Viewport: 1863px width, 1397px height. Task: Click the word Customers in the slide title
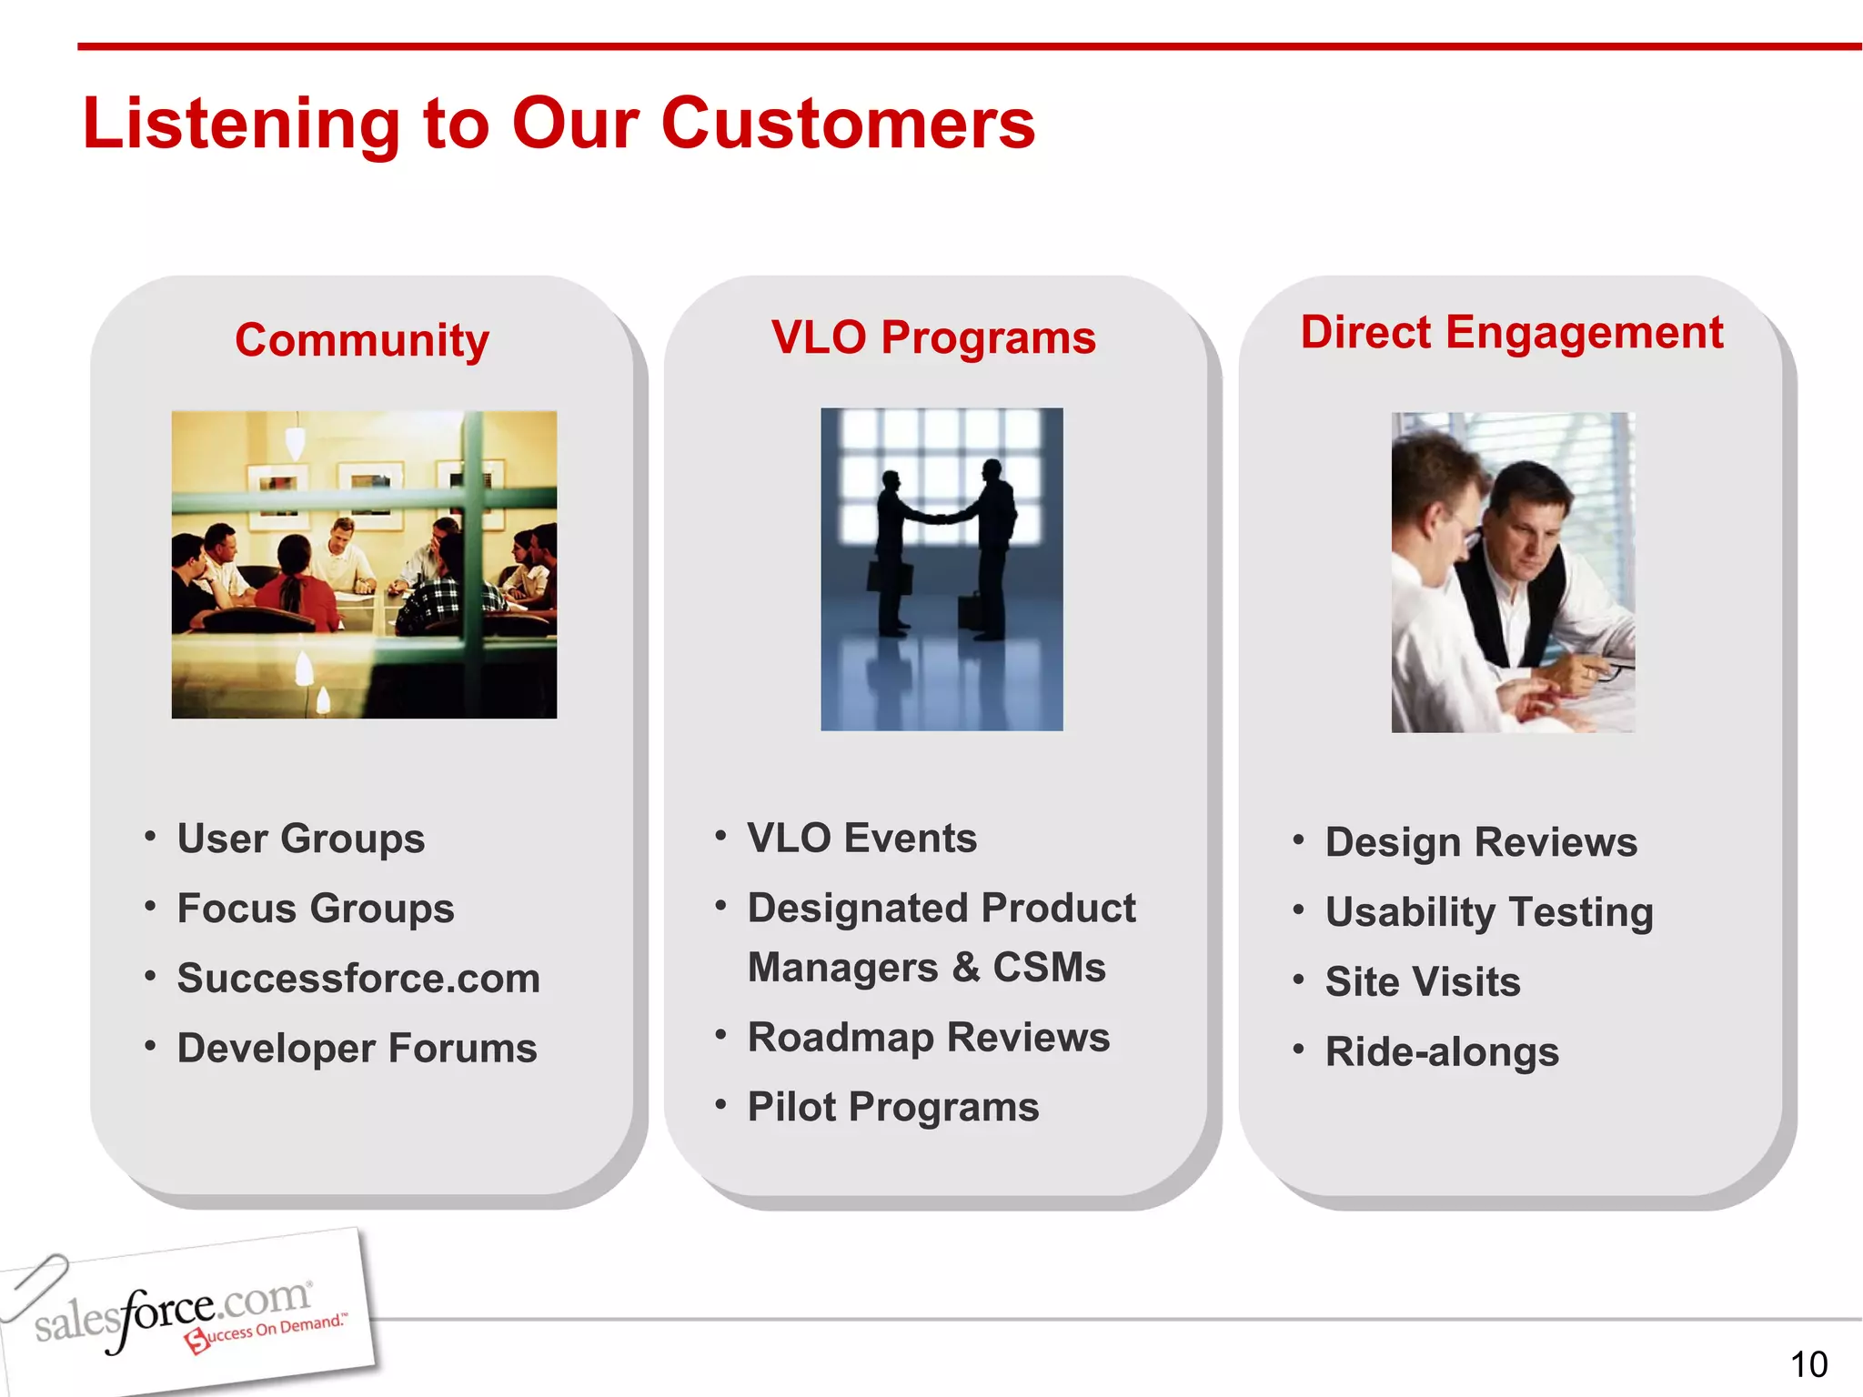(x=848, y=125)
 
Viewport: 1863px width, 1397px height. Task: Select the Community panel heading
(x=362, y=340)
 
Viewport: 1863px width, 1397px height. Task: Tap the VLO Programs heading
(x=933, y=337)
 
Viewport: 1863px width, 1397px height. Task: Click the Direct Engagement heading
(x=1511, y=332)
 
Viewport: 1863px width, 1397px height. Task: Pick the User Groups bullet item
(x=301, y=839)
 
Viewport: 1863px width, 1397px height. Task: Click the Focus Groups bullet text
(x=316, y=909)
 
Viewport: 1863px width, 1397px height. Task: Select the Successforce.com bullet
(x=358, y=979)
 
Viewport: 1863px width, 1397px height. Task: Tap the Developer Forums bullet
(x=357, y=1049)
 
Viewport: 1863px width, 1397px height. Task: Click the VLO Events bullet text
(x=861, y=838)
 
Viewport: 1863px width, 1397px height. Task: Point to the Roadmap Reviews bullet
(x=928, y=1038)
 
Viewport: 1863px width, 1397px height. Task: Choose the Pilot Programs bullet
(x=892, y=1108)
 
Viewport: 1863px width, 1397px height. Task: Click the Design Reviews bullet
(x=1481, y=842)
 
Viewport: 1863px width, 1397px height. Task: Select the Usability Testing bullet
(x=1489, y=912)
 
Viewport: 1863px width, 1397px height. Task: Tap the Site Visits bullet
(x=1423, y=982)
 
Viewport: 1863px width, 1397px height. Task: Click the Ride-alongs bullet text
(x=1442, y=1052)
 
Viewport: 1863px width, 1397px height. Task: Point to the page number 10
(x=1808, y=1364)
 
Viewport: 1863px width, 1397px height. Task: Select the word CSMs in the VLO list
(x=1049, y=968)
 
